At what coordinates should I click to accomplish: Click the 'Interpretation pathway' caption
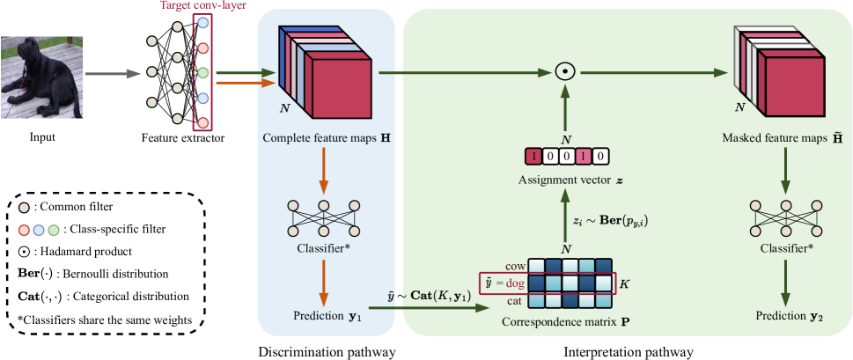click(628, 351)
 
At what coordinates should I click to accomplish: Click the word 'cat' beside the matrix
click(517, 300)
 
